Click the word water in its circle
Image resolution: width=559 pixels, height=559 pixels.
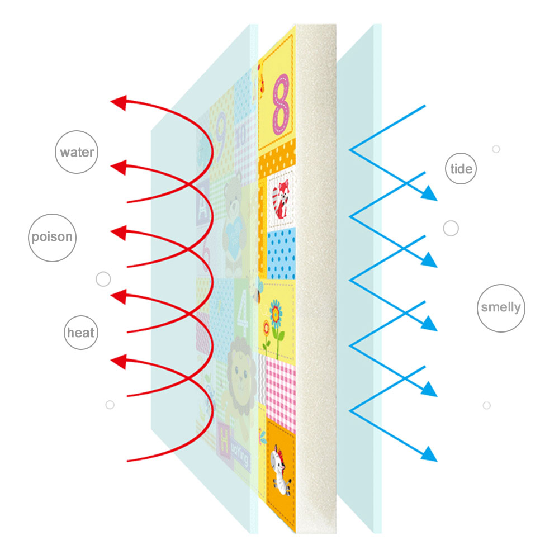tap(77, 152)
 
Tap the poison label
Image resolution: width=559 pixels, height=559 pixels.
tap(52, 237)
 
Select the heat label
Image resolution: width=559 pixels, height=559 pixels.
tap(81, 333)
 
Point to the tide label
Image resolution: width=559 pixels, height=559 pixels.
tap(461, 169)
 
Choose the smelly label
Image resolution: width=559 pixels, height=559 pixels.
tap(501, 307)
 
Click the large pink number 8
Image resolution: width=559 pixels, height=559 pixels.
tap(281, 104)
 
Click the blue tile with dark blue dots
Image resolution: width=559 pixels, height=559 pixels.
tap(281, 254)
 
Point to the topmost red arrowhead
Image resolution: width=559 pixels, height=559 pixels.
tap(119, 103)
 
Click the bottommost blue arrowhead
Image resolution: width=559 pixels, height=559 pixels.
tap(429, 454)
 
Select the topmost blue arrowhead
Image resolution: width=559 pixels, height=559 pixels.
tap(429, 193)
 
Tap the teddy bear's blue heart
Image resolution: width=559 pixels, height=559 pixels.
tap(234, 237)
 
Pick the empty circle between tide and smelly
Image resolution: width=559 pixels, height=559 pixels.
tap(451, 228)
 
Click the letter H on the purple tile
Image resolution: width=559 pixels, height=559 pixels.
tap(224, 440)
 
